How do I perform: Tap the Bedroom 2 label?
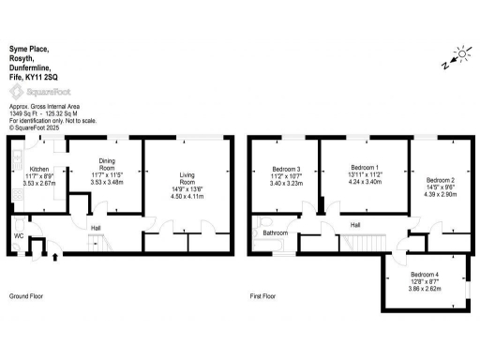[x=440, y=179]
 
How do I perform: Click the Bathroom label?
[x=275, y=232]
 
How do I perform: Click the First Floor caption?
[x=262, y=296]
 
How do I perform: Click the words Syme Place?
[x=27, y=47]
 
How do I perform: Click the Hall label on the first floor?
[x=355, y=225]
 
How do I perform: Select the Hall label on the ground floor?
[x=96, y=227]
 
